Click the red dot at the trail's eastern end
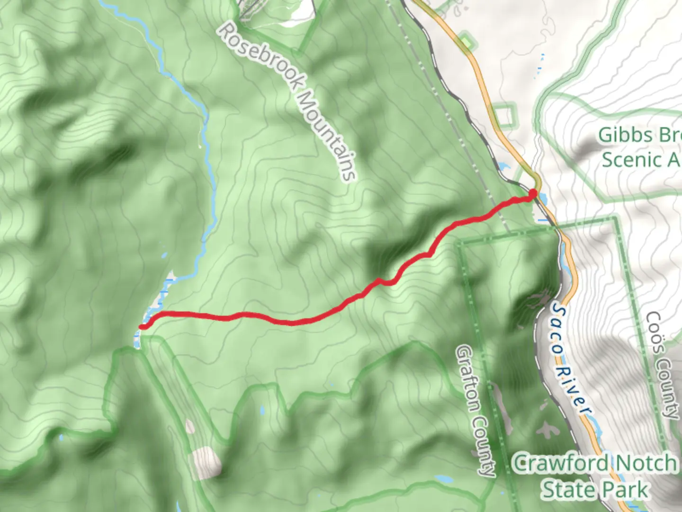533,193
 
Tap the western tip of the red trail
142,326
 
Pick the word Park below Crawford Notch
625,489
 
